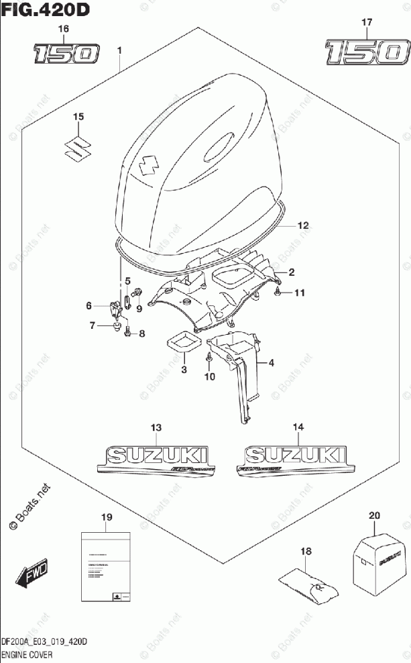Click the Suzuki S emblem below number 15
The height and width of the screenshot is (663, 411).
pyautogui.click(x=78, y=148)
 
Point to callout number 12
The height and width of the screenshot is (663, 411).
pyautogui.click(x=303, y=225)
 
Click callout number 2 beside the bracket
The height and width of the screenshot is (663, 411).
pyautogui.click(x=292, y=272)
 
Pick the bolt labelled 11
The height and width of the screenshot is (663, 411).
pyautogui.click(x=278, y=293)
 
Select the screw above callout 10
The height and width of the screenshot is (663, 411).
pyautogui.click(x=209, y=357)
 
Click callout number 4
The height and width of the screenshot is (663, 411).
pyautogui.click(x=272, y=363)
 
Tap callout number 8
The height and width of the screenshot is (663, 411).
pyautogui.click(x=141, y=333)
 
